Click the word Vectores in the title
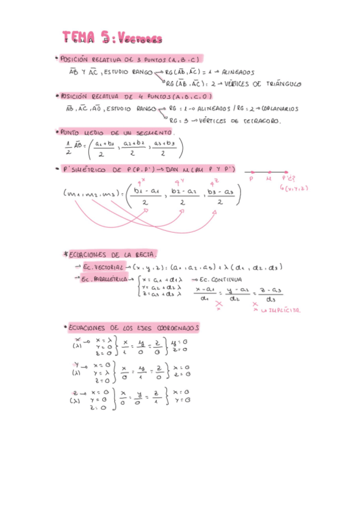tap(141, 40)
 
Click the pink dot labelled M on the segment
tap(269, 173)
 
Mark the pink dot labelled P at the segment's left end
tap(251, 173)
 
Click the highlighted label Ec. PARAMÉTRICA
tap(107, 279)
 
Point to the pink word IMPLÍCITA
tap(285, 310)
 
